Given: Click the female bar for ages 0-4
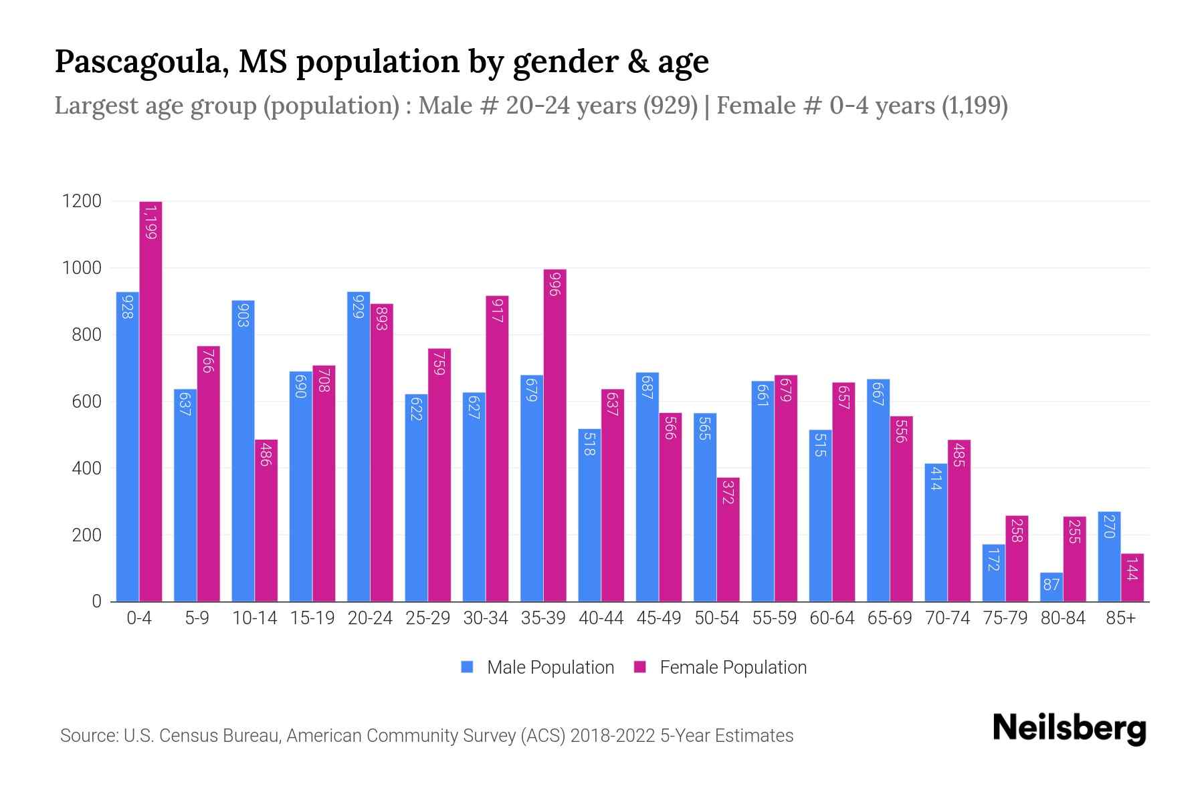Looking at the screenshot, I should pos(150,401).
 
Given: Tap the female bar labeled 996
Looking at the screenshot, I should pos(555,434).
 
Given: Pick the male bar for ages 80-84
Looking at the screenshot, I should pos(1051,587).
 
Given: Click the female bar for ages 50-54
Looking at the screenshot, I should pos(728,539).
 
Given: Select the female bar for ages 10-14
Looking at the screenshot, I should pos(266,521).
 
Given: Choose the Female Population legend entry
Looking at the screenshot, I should pos(720,668).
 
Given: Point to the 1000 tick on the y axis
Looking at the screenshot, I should pos(82,268).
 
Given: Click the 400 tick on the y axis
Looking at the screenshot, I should pos(86,469).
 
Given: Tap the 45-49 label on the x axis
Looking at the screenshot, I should pos(659,618).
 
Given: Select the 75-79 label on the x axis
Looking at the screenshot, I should pos(1005,618).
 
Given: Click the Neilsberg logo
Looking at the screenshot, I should pos(1069,728).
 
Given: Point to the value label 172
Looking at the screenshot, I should pos(993,559).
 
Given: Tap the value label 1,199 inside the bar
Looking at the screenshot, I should pos(150,222).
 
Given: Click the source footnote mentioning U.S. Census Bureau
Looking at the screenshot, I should pos(426,736).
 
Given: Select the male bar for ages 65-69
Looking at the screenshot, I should pos(878,491).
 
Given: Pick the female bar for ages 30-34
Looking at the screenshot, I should pos(497,448).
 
